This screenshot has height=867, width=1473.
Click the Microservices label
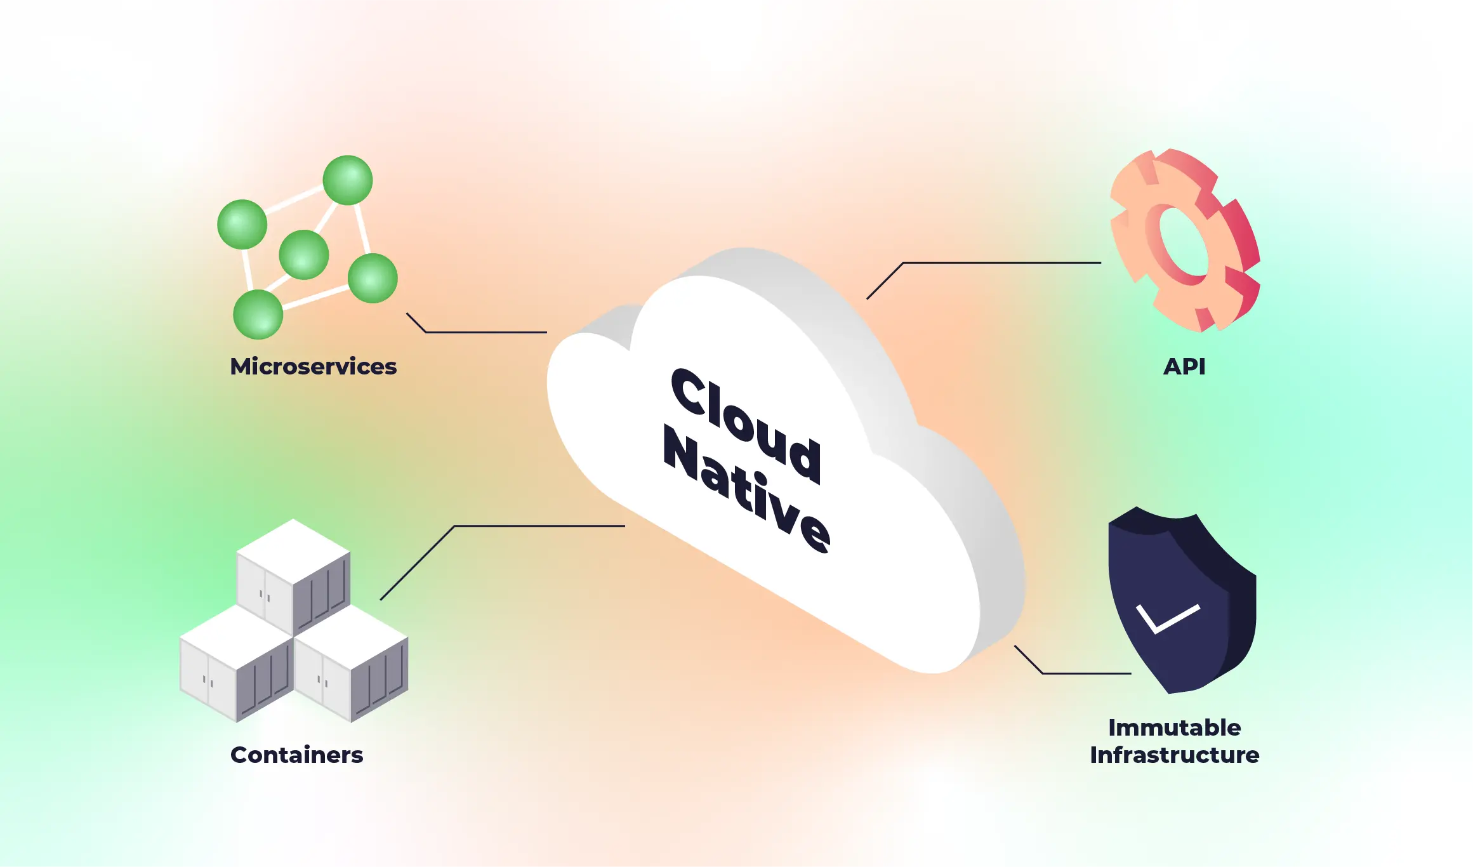313,367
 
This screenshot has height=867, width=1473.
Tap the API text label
1184,367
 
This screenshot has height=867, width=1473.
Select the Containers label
296,755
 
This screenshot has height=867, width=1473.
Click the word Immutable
1174,728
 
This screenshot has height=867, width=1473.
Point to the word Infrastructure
1174,755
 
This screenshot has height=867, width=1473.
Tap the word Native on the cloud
746,489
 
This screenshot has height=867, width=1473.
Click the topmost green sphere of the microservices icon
348,180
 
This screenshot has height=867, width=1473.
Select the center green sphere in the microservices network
304,255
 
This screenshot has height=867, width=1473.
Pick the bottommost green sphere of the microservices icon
258,314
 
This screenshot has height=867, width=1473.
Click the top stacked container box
293,574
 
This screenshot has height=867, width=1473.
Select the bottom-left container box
236,663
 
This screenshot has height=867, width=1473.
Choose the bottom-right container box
351,663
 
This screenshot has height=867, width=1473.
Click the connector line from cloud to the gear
1003,263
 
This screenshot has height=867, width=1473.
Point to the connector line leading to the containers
539,526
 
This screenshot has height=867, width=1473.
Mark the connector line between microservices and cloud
485,332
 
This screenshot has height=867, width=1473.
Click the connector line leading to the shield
1085,673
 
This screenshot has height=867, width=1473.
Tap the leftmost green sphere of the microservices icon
242,224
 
